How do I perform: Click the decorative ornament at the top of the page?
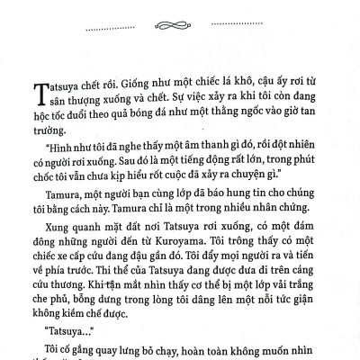pyautogui.click(x=179, y=16)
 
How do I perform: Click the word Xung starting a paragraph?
pyautogui.click(x=48, y=220)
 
